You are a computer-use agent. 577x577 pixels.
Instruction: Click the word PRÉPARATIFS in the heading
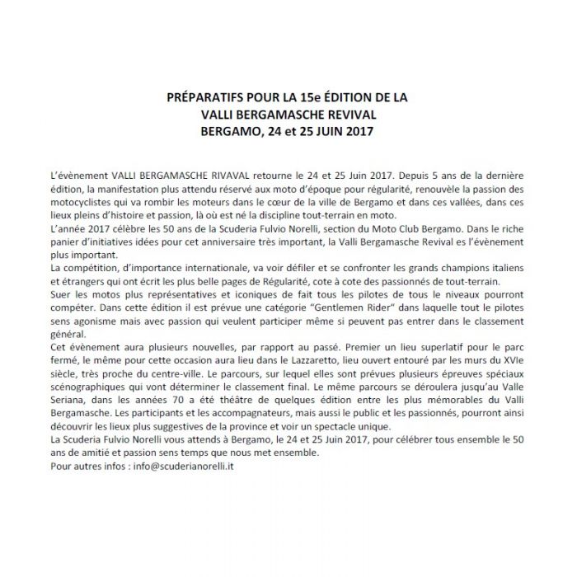[204, 98]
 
